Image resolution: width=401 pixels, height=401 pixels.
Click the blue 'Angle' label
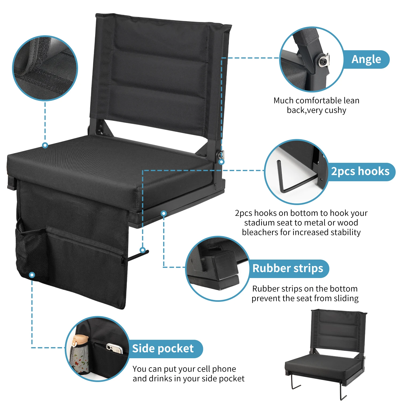[366, 59]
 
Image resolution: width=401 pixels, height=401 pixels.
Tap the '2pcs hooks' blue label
[360, 172]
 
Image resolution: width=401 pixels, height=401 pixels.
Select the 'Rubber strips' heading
[288, 268]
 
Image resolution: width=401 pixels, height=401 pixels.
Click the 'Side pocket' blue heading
[163, 349]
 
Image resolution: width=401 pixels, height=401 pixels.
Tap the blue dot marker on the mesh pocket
[32, 275]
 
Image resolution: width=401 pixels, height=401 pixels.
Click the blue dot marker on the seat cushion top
[45, 145]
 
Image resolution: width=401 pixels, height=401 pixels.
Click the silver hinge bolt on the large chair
[221, 154]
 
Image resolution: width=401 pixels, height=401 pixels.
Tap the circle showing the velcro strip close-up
[45, 68]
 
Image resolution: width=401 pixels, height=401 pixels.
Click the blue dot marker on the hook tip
[143, 250]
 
